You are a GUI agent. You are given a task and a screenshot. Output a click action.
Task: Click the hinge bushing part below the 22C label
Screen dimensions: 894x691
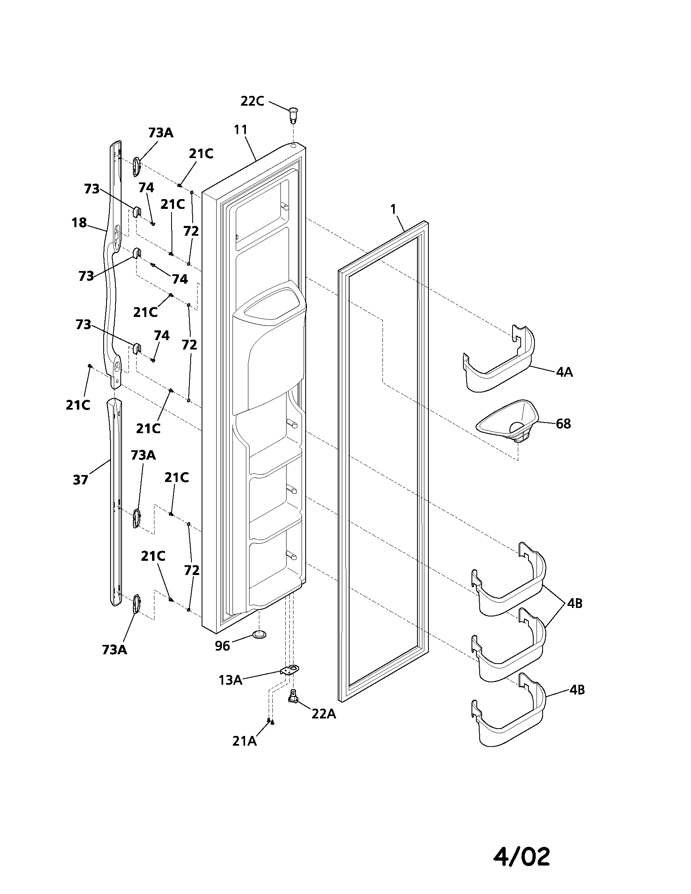[x=293, y=114]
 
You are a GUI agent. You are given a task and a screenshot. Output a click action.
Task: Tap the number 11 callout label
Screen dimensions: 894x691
[x=241, y=130]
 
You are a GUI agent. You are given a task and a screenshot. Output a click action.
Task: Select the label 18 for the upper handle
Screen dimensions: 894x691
[x=79, y=223]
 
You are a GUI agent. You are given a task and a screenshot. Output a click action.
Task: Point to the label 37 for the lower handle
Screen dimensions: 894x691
[x=80, y=480]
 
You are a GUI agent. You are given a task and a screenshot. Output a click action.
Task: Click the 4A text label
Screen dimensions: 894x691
[x=564, y=372]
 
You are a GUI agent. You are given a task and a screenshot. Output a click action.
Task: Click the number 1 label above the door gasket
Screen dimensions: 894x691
[x=393, y=209]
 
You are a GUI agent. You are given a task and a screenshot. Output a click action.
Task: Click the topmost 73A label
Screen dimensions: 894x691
[x=161, y=132]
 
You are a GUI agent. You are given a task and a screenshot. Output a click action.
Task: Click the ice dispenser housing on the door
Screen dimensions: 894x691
[x=272, y=352]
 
